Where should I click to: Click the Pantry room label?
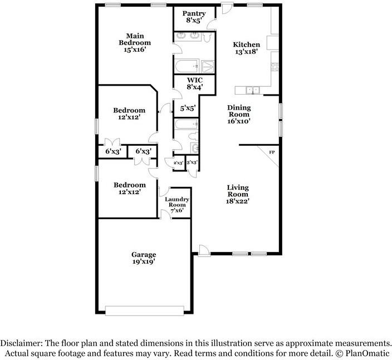(194, 17)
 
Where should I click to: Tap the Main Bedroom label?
(135, 43)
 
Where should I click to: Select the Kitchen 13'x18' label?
(247, 48)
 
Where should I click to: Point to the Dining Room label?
(239, 115)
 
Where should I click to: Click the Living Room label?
(238, 194)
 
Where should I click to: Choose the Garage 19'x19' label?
(144, 258)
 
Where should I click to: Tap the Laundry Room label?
(177, 205)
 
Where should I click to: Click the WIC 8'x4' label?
(195, 83)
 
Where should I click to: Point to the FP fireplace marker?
(272, 152)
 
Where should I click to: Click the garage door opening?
(145, 311)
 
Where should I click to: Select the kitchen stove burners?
(275, 67)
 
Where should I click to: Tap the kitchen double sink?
(253, 90)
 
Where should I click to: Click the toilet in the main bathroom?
(207, 37)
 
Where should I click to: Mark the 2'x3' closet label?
(179, 163)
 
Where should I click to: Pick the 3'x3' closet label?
(192, 162)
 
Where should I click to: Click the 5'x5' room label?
(188, 108)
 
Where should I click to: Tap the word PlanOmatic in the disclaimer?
(367, 353)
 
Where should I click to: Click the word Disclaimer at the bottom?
(21, 343)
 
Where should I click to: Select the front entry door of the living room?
(203, 250)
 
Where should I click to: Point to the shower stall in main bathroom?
(208, 66)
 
